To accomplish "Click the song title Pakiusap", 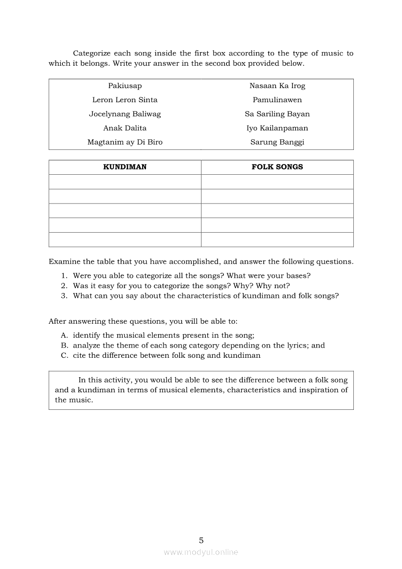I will (x=125, y=86).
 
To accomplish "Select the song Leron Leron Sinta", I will (x=125, y=100).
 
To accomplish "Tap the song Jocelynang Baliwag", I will (x=125, y=114).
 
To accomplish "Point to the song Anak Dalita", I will (x=125, y=128).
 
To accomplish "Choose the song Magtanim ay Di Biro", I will (x=125, y=142).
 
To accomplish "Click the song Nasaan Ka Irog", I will (x=277, y=86).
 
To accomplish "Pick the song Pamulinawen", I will (x=277, y=100).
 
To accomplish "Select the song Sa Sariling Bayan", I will (x=277, y=114).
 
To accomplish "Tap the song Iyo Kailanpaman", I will (x=277, y=128).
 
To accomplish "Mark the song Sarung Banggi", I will (x=277, y=142).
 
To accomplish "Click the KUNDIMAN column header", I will (x=125, y=167).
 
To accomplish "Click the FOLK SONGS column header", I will (x=277, y=167).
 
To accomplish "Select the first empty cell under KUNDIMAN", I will (x=125, y=182).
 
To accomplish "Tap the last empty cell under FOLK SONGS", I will (x=277, y=239).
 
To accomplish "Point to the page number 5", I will (x=201, y=540).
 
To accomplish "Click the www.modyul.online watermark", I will (x=201, y=552).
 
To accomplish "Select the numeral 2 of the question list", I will (x=64, y=286).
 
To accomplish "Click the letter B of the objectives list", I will (x=64, y=346).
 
